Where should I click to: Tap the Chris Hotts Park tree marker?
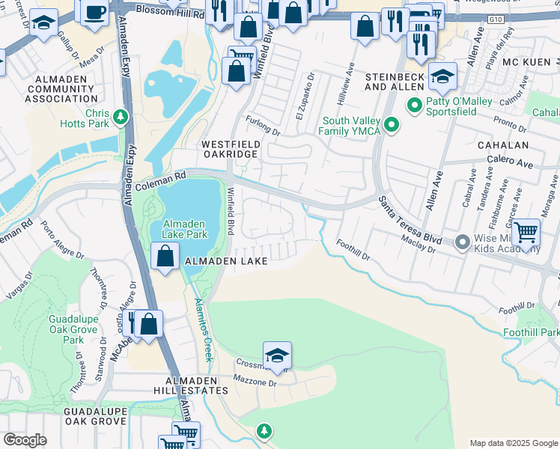[x=120, y=117]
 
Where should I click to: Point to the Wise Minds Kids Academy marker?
[x=463, y=242]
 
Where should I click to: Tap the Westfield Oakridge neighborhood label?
[x=229, y=148]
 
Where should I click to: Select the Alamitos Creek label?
[x=204, y=326]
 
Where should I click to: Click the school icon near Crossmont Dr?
[x=277, y=355]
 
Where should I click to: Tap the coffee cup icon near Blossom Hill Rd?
[x=94, y=13]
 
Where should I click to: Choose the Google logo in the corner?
[x=25, y=440]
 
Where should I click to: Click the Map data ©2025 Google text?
[x=513, y=443]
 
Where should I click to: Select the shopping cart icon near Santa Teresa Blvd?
[x=527, y=233]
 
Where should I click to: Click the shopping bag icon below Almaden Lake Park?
[x=164, y=257]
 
